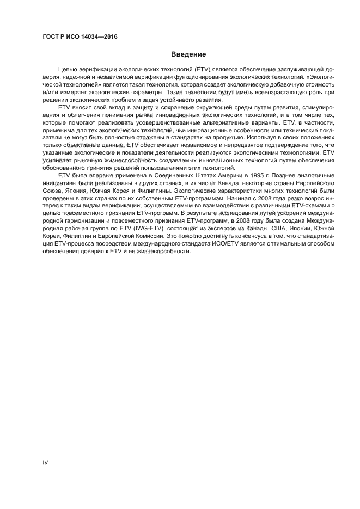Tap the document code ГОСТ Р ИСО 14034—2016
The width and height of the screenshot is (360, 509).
(80, 37)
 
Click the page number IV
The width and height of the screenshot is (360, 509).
(46, 462)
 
